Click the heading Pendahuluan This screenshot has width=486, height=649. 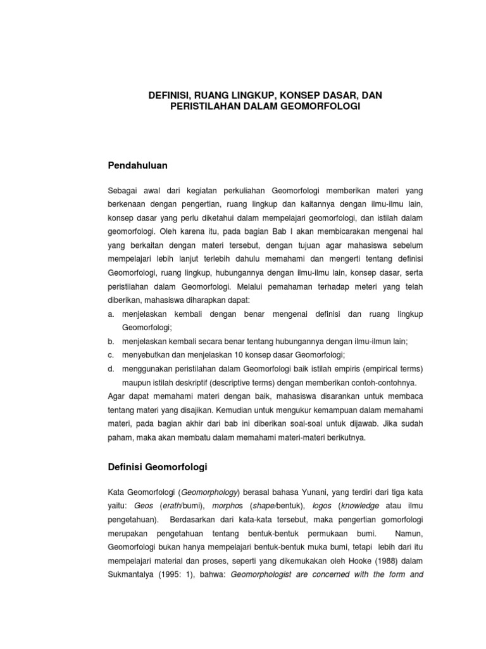pos(140,165)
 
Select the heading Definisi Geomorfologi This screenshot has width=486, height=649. pos(158,467)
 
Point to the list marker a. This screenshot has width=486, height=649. pos(111,314)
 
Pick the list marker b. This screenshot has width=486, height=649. pos(111,341)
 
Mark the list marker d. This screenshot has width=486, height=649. pos(111,368)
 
